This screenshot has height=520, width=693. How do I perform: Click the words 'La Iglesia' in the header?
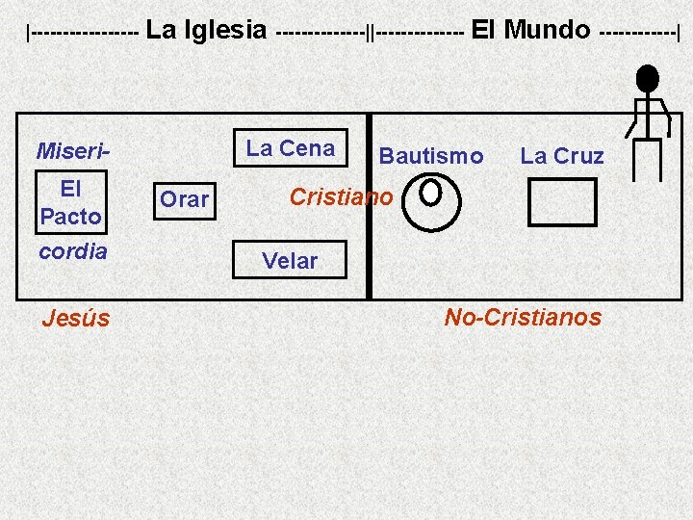click(x=206, y=30)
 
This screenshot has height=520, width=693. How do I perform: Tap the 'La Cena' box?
click(x=291, y=148)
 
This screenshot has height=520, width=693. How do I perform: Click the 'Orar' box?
click(x=184, y=198)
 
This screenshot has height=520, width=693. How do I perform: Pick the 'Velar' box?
click(x=290, y=260)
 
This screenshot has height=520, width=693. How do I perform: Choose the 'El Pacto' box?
click(x=70, y=202)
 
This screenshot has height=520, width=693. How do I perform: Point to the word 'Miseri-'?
click(x=72, y=152)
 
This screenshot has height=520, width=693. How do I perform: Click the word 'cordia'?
click(x=72, y=251)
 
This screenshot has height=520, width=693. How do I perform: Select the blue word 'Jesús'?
click(x=76, y=318)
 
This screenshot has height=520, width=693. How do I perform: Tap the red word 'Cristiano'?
click(x=341, y=197)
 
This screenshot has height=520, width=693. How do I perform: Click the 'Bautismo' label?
click(x=431, y=156)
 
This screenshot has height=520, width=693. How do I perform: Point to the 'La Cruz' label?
click(x=562, y=156)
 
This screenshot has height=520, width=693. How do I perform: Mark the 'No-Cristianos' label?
click(x=523, y=317)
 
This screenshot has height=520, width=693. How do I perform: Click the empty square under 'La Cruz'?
click(x=563, y=202)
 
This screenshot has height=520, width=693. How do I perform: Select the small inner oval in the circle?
click(x=431, y=191)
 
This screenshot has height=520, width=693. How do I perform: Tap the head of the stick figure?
click(x=648, y=78)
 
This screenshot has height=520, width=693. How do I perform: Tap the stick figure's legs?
click(x=648, y=159)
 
